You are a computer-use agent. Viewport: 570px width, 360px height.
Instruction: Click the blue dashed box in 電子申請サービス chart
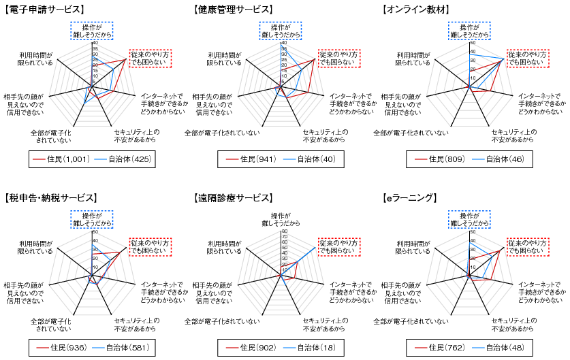[x=91, y=30]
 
